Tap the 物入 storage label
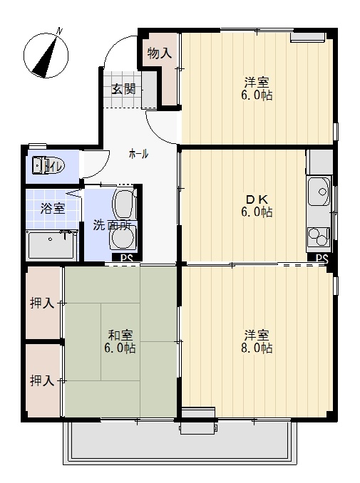(x=160, y=53)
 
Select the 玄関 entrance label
(x=123, y=89)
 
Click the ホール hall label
(x=138, y=154)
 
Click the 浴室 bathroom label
(x=52, y=209)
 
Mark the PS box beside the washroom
(x=126, y=258)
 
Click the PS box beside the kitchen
(x=322, y=258)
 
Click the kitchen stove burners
(x=318, y=234)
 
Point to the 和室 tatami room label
(x=119, y=335)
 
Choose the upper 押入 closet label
(x=42, y=303)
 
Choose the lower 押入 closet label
(x=42, y=380)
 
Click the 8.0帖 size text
(x=257, y=348)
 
